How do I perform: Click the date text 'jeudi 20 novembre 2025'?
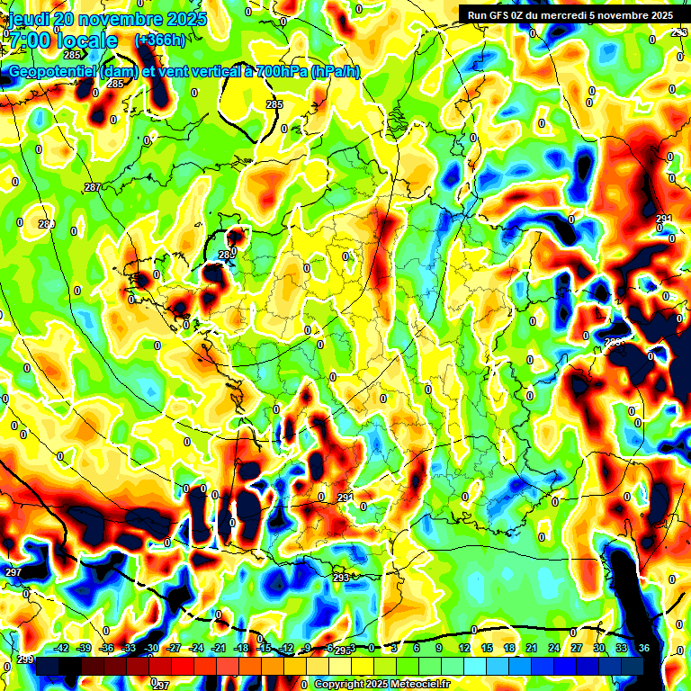[x=107, y=19]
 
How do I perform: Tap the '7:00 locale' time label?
[x=63, y=40]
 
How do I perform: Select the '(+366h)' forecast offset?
[x=160, y=40]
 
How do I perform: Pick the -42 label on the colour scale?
[x=61, y=648]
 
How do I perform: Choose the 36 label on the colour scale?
[x=644, y=648]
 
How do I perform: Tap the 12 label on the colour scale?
[x=463, y=648]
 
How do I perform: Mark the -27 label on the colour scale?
[x=174, y=648]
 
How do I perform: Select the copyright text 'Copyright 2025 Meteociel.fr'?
[x=381, y=685]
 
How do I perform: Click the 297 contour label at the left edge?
[x=13, y=572]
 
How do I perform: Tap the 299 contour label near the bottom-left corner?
[x=24, y=660]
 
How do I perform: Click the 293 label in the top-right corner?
[x=678, y=32]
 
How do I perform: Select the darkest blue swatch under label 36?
[x=633, y=666]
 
